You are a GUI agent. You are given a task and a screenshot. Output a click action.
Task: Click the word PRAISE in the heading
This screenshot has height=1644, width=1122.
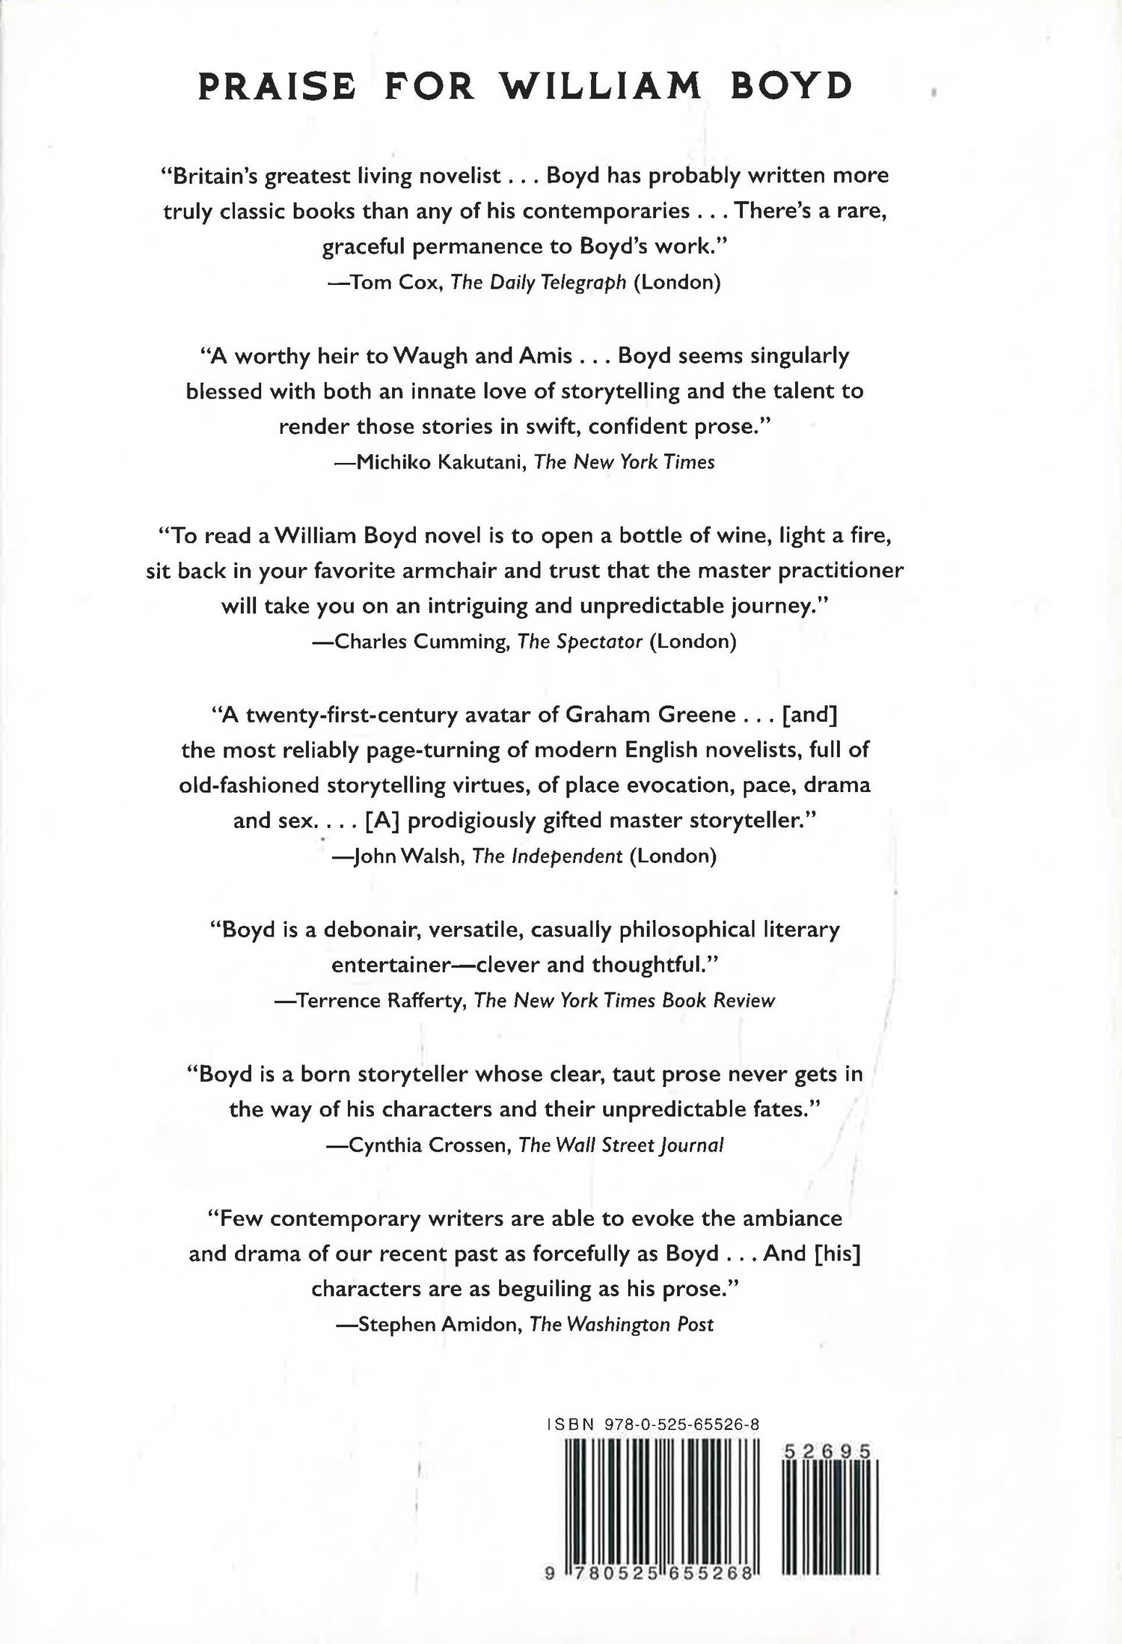coord(277,88)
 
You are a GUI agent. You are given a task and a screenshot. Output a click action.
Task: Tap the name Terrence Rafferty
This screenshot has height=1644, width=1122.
coord(380,1000)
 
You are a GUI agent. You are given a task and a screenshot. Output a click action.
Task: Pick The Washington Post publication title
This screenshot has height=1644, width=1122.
coord(621,1324)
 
